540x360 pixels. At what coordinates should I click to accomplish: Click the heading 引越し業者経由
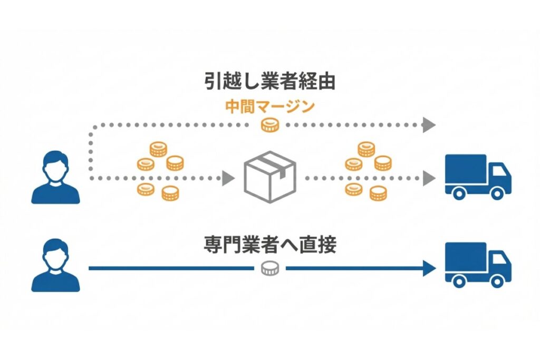click(x=270, y=83)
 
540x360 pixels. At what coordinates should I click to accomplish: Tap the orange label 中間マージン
click(x=270, y=107)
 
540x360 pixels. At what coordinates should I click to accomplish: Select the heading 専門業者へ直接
click(x=270, y=246)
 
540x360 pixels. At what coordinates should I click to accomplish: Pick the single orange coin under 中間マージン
click(x=269, y=125)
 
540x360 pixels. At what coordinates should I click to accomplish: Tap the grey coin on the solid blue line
click(x=269, y=268)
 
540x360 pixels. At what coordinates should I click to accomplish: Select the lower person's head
click(x=55, y=253)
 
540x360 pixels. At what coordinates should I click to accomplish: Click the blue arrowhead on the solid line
click(x=430, y=268)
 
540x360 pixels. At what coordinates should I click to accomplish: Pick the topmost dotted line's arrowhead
click(x=429, y=125)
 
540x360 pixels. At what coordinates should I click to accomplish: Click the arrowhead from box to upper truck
click(x=429, y=178)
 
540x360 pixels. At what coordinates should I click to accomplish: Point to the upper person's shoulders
click(x=55, y=193)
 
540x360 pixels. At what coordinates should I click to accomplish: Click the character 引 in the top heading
click(x=213, y=83)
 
